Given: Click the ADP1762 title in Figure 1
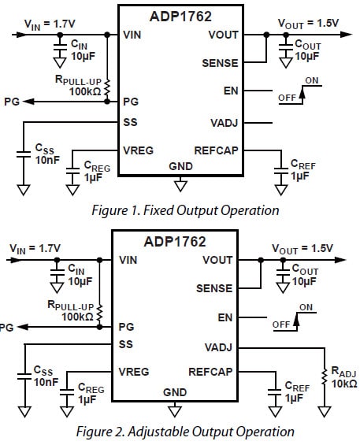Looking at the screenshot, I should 180,15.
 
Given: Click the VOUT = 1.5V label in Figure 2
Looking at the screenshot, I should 302,248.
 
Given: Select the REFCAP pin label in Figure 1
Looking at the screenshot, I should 216,150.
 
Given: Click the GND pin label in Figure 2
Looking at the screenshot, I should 174,391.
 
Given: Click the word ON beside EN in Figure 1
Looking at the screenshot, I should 312,80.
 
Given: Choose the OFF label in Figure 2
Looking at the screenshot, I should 281,324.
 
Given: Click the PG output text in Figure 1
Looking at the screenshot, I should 11,102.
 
